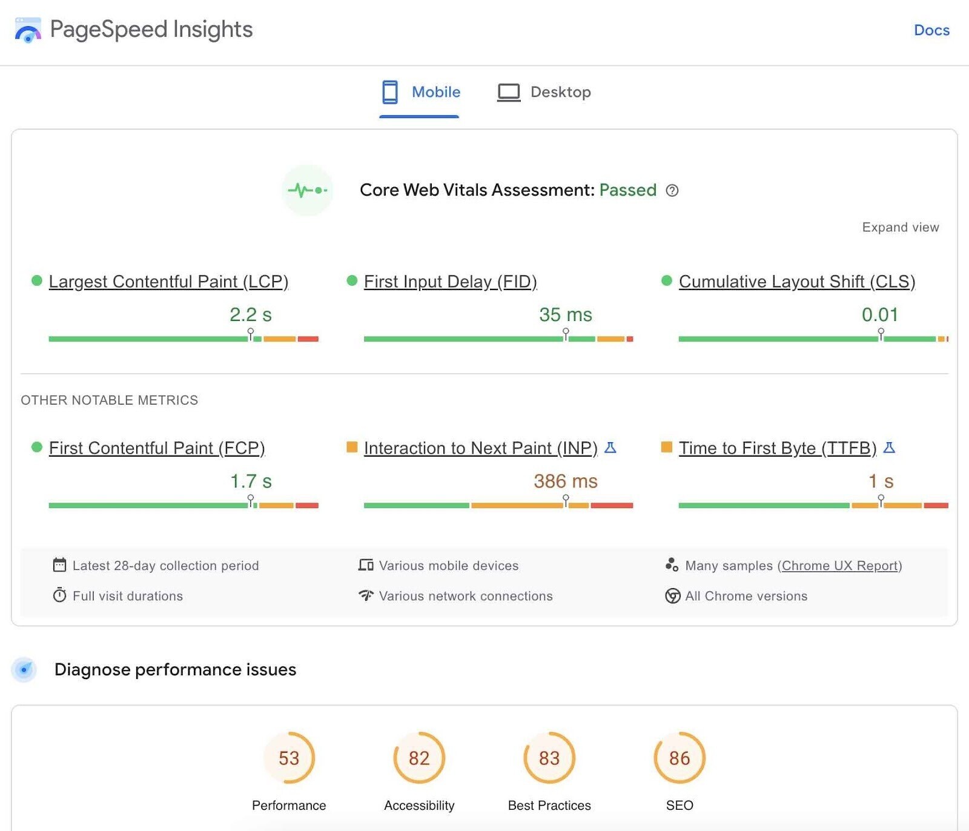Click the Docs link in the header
931,30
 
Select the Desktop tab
544,92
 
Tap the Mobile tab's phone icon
390,92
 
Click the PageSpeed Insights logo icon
28,30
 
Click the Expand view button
900,227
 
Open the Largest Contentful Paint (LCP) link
168,282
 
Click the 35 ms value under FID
565,315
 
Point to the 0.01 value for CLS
879,315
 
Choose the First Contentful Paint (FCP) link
157,448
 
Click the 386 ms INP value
565,482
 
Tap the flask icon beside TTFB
889,448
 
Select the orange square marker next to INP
351,447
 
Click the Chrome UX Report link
839,566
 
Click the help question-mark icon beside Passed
672,191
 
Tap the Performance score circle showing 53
289,758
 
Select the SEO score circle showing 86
679,758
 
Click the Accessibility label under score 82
419,806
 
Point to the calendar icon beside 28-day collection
59,565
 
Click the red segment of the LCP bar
308,339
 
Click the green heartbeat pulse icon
307,190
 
